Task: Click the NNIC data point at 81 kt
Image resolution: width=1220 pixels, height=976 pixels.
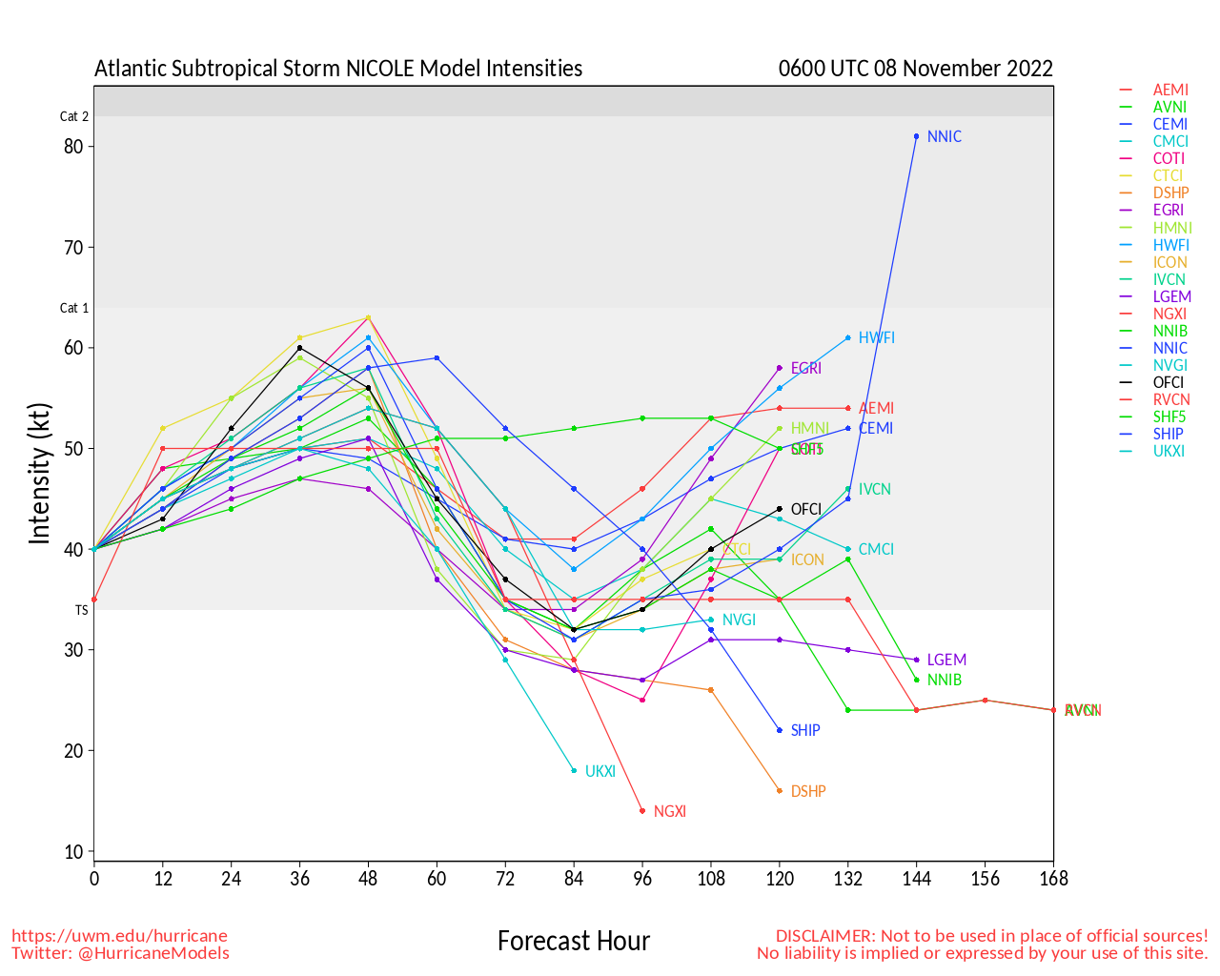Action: [916, 136]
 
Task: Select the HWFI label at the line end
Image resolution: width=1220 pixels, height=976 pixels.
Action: [876, 337]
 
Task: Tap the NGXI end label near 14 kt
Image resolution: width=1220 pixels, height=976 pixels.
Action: [670, 811]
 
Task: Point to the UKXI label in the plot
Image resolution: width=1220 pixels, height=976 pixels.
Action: [600, 771]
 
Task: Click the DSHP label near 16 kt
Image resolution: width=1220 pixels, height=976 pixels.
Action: [808, 791]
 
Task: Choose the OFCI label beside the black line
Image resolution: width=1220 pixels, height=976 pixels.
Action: [806, 509]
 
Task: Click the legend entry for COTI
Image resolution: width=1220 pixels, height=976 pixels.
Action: [1169, 158]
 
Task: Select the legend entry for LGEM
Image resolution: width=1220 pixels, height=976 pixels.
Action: [1171, 296]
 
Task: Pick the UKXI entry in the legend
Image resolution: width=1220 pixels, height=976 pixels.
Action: [1169, 451]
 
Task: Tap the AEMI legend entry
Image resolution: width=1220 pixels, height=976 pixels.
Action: [1170, 90]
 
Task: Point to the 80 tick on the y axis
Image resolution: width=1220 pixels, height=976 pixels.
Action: [73, 146]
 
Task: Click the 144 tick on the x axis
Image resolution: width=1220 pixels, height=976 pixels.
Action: [916, 879]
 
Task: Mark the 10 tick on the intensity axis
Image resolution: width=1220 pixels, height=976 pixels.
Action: [73, 852]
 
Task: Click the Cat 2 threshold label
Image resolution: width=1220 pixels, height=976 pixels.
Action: [74, 116]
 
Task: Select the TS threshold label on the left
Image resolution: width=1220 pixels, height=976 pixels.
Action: [82, 610]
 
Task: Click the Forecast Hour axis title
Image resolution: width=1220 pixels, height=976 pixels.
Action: [573, 942]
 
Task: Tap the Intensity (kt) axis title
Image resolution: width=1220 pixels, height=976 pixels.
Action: [39, 474]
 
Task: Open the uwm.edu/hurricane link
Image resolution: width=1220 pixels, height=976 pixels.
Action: [119, 936]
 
